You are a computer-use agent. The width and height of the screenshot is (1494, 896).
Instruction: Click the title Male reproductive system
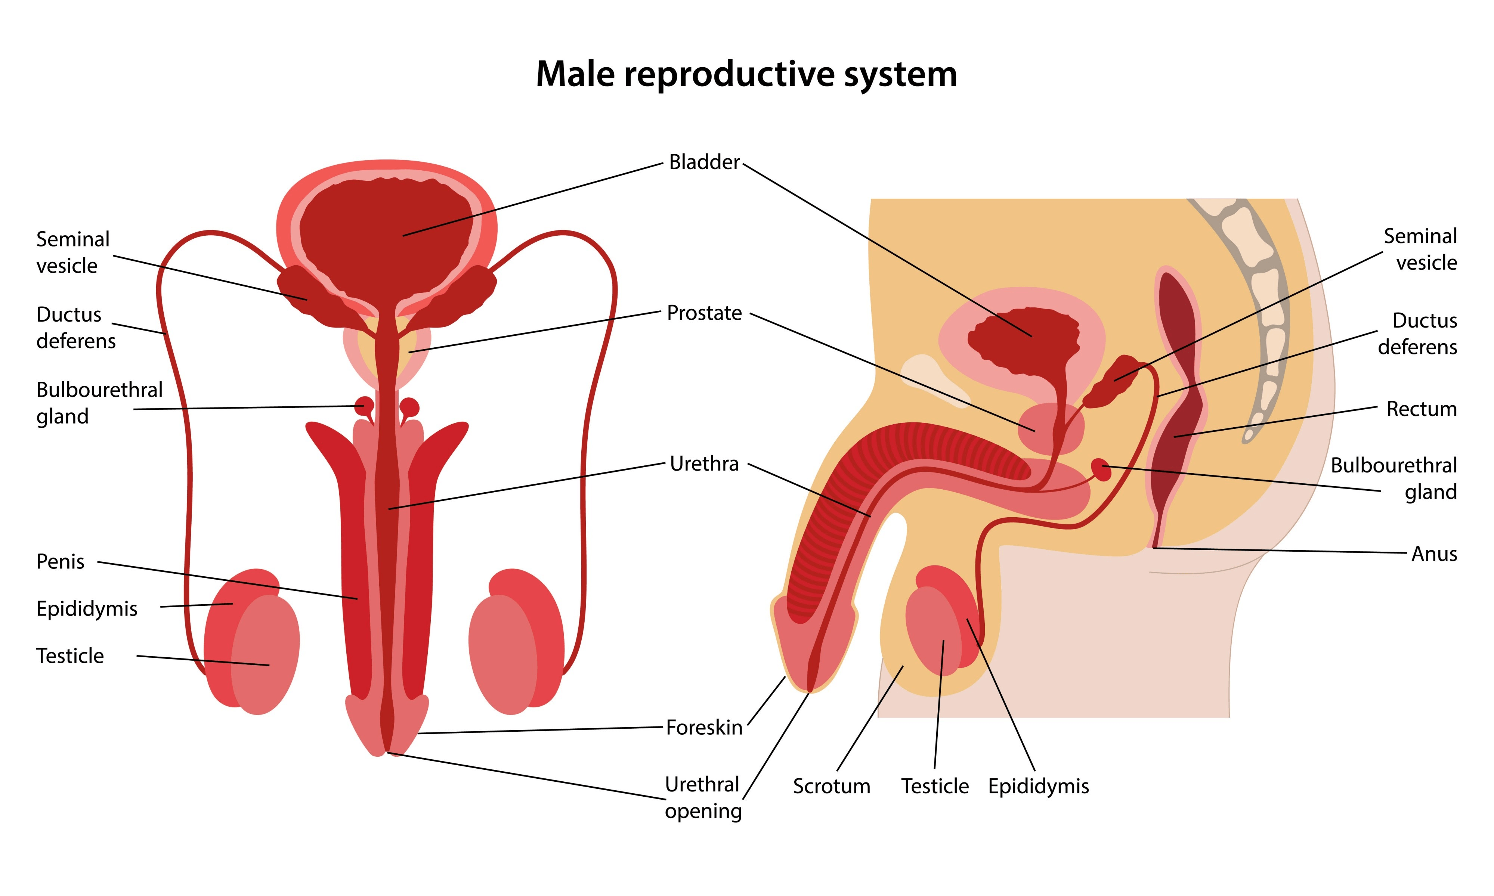(746, 74)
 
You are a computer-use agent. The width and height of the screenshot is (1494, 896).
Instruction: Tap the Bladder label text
(704, 162)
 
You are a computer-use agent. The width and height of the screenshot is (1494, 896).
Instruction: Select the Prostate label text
(704, 313)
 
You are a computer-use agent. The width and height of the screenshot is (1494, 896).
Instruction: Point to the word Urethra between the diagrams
(704, 464)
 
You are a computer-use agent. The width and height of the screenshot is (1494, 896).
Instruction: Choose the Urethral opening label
(703, 797)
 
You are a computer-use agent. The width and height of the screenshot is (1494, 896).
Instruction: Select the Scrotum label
(832, 787)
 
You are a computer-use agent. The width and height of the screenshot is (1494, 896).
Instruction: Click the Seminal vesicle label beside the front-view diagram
(72, 252)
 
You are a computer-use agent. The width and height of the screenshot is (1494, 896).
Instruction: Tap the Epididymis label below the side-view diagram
(1038, 787)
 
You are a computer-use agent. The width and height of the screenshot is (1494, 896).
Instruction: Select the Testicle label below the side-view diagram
(935, 787)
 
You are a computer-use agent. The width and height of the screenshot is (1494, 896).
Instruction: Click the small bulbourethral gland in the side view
(1101, 469)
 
